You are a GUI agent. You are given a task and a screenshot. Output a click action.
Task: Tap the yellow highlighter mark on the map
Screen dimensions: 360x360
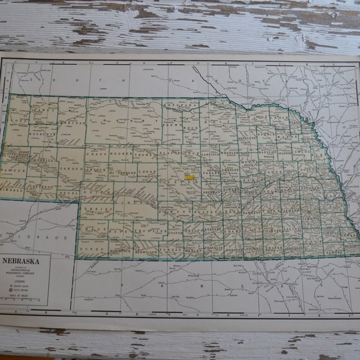coord(190,177)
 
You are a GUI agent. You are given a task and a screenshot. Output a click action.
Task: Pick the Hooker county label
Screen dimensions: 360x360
coord(123,154)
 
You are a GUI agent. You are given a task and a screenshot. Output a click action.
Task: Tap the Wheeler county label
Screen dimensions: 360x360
coord(230,152)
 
